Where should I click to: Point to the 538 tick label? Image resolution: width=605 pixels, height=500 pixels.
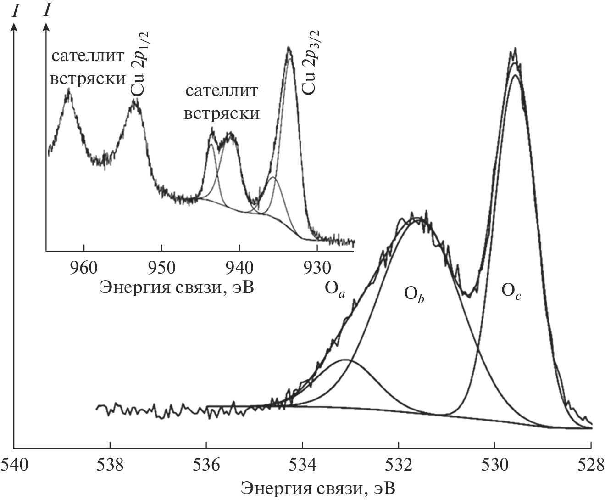[x=110, y=464]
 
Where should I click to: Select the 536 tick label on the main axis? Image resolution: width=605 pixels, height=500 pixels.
[x=206, y=464]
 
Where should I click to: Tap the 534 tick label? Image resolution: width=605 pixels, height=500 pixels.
[x=303, y=464]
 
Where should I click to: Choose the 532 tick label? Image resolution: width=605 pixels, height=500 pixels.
[x=399, y=464]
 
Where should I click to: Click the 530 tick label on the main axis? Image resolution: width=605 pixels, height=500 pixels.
[x=495, y=464]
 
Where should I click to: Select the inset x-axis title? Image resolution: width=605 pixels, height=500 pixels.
[x=177, y=287]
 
